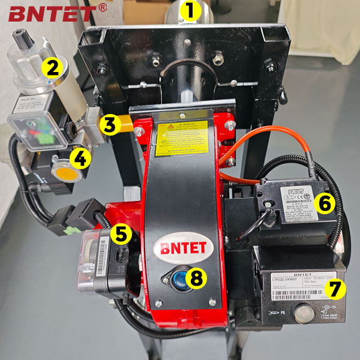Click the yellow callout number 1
tap(190, 10)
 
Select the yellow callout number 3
tap(109, 125)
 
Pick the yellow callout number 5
tap(122, 234)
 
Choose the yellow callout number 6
tap(325, 204)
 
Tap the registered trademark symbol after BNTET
tap(103, 7)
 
